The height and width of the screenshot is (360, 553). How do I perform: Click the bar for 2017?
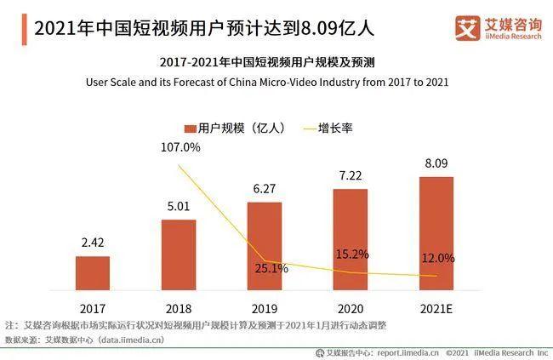click(x=93, y=273)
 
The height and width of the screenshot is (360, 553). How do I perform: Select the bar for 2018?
click(x=179, y=255)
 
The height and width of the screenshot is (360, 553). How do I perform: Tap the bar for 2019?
click(x=265, y=246)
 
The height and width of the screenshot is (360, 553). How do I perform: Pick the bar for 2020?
click(x=350, y=239)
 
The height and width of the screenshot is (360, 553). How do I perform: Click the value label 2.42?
click(x=93, y=243)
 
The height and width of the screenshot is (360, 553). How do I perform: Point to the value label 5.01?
click(x=179, y=207)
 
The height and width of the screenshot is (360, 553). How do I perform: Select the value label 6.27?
click(x=265, y=189)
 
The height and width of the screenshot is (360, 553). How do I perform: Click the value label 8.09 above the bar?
click(x=436, y=163)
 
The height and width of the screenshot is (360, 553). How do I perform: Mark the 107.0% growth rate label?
click(x=180, y=147)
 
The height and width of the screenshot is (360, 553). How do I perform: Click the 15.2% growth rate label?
click(x=351, y=254)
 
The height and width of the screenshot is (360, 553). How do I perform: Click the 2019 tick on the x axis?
click(x=265, y=306)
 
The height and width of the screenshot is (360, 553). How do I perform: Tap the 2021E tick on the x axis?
click(x=436, y=306)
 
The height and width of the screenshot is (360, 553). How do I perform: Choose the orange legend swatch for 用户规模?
click(x=191, y=129)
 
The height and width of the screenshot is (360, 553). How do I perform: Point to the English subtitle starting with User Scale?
click(x=276, y=83)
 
